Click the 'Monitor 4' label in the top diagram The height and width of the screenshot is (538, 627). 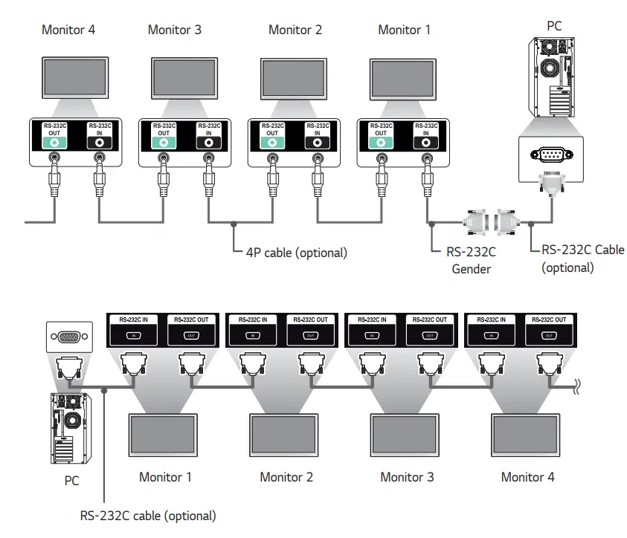(x=68, y=30)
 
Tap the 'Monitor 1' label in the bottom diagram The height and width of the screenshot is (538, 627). (x=165, y=477)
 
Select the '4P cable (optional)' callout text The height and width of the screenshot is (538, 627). (x=296, y=253)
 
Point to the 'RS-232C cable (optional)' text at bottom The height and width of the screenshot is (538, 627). (x=148, y=515)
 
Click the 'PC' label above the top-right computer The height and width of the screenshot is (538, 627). (x=554, y=25)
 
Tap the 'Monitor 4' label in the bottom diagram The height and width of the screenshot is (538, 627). (x=527, y=477)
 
